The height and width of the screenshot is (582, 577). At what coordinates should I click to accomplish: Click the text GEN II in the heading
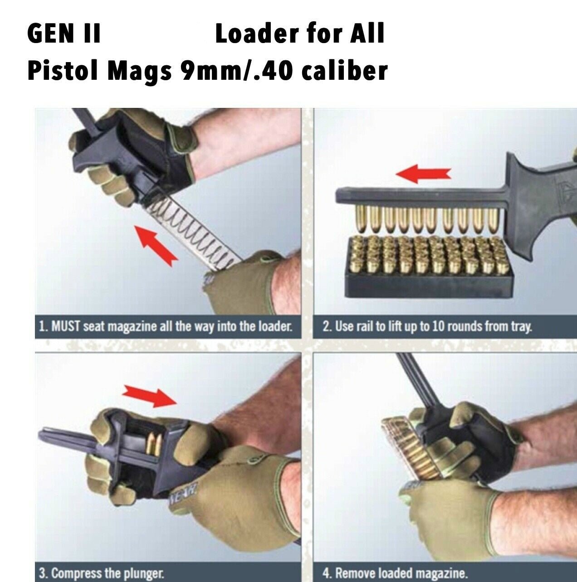point(64,34)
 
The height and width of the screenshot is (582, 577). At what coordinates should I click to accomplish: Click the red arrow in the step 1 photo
point(157,245)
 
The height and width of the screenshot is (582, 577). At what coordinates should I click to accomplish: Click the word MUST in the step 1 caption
point(66,327)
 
